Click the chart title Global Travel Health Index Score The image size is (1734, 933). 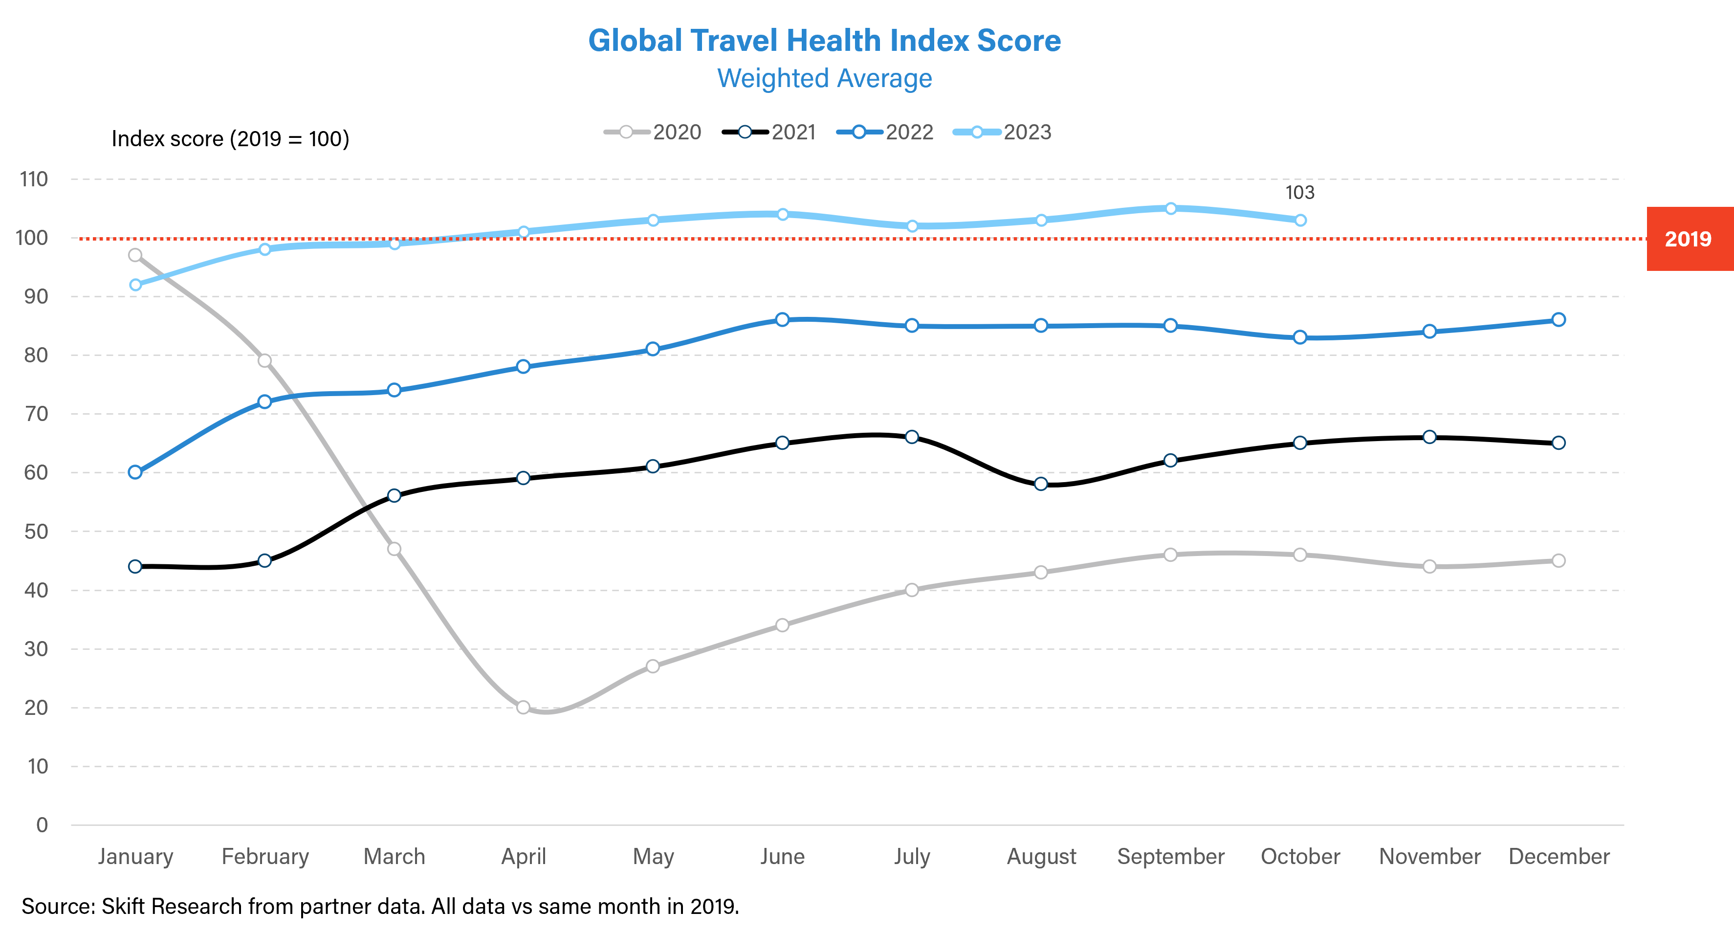point(825,41)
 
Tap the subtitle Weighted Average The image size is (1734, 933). point(825,79)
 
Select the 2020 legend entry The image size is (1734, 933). point(653,132)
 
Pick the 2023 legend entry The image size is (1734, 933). point(1003,132)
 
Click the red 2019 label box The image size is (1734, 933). point(1688,239)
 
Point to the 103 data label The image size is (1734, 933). point(1300,193)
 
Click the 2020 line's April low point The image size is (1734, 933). point(523,708)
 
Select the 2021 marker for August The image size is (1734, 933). point(1041,484)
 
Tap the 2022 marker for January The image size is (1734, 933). point(135,472)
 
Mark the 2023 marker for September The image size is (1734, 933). point(1171,209)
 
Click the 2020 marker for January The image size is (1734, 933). point(135,255)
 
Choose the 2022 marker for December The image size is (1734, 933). point(1558,320)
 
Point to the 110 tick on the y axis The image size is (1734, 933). point(34,179)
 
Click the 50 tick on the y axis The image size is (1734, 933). point(36,531)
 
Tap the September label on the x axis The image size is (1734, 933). point(1171,856)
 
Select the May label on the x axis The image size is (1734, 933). point(653,856)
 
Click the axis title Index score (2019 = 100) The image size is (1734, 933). point(230,139)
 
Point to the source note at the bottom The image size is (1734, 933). point(380,906)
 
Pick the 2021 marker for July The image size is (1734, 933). point(911,437)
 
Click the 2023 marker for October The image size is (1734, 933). point(1300,220)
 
